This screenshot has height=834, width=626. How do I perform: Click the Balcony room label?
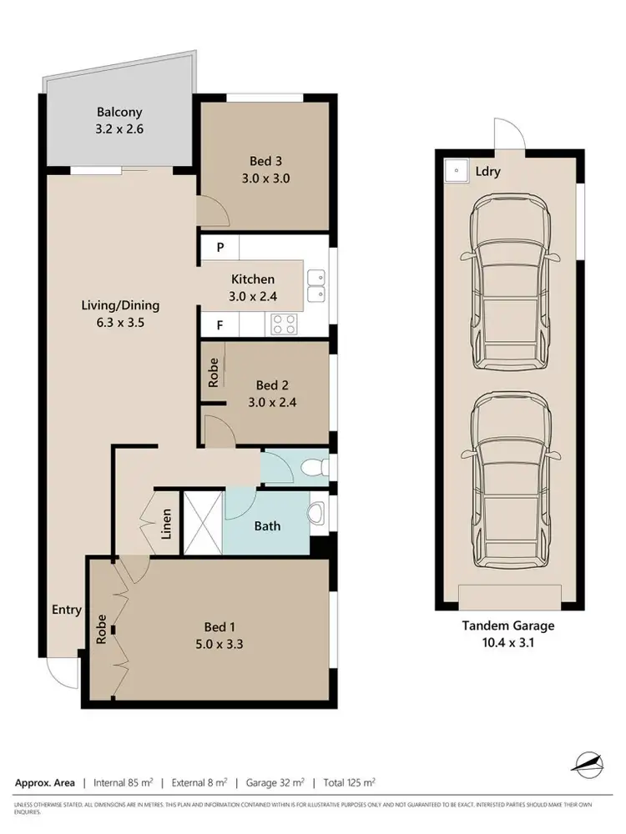(119, 112)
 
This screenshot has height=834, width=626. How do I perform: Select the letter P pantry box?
(220, 248)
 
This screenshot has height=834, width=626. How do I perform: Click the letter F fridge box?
(220, 325)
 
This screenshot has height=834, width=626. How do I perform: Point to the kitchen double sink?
(316, 285)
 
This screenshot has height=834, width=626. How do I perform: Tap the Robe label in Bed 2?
(214, 371)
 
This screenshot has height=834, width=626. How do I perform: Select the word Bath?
(267, 526)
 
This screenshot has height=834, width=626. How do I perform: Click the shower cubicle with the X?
(203, 523)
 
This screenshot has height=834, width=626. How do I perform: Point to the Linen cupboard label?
(166, 523)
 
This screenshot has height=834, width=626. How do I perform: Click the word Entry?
(66, 610)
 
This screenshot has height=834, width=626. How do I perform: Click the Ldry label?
(487, 172)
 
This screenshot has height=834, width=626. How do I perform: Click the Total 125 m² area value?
(349, 782)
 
